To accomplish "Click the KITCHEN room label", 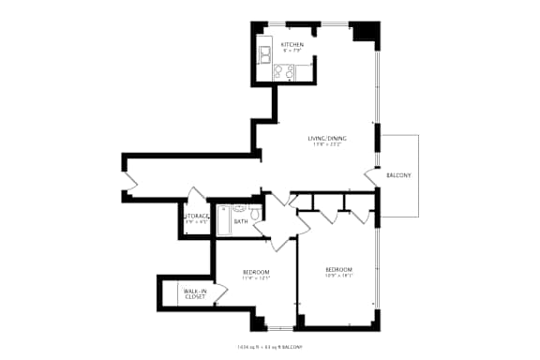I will pyautogui.click(x=292, y=44).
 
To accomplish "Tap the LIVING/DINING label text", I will pyautogui.click(x=326, y=139).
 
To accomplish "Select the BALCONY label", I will pyautogui.click(x=399, y=175).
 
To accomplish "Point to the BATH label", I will pyautogui.click(x=241, y=221).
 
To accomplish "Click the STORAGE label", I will pyautogui.click(x=196, y=216).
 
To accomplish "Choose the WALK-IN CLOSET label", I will pyautogui.click(x=195, y=293).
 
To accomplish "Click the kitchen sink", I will pyautogui.click(x=266, y=52).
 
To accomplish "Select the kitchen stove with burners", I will pyautogui.click(x=284, y=71).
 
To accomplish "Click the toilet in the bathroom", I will pyautogui.click(x=253, y=213).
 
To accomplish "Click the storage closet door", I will pyautogui.click(x=195, y=197).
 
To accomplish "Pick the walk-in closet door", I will pyautogui.click(x=221, y=293).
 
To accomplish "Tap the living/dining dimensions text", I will pyautogui.click(x=326, y=145).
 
